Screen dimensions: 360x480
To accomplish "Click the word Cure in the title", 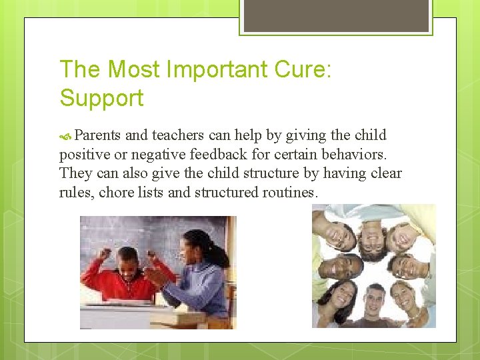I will coord(299,69).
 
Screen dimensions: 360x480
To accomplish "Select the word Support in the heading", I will coord(101,98).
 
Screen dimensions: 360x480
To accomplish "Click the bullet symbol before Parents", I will coord(65,136).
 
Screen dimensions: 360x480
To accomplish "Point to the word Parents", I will coord(97,135).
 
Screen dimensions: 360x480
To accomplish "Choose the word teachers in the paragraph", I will coord(178,135).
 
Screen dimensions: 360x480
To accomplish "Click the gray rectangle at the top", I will coord(336,15).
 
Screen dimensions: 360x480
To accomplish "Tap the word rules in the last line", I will coord(75,193).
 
